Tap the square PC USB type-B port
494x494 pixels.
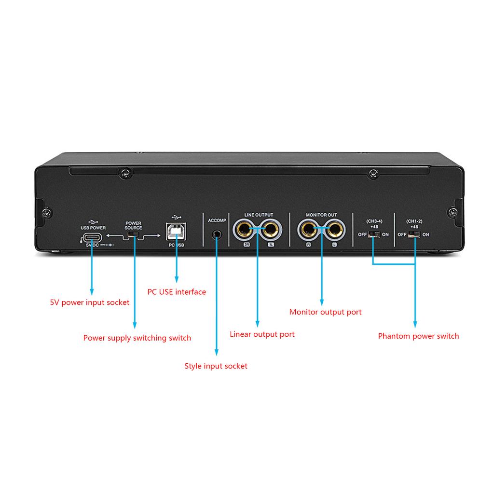176,232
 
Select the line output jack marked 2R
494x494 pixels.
245,230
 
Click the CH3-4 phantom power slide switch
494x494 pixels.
373,235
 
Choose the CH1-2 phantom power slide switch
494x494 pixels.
414,235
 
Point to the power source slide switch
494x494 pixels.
133,235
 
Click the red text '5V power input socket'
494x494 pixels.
90,302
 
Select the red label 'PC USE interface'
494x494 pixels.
177,292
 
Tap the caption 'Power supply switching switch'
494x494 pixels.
137,338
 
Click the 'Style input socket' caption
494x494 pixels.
216,366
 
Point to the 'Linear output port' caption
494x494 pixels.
262,334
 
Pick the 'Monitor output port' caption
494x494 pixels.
325,312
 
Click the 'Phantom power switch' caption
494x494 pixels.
418,336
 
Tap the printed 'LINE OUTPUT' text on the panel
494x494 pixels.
259,215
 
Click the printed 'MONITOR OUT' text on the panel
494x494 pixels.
321,215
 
